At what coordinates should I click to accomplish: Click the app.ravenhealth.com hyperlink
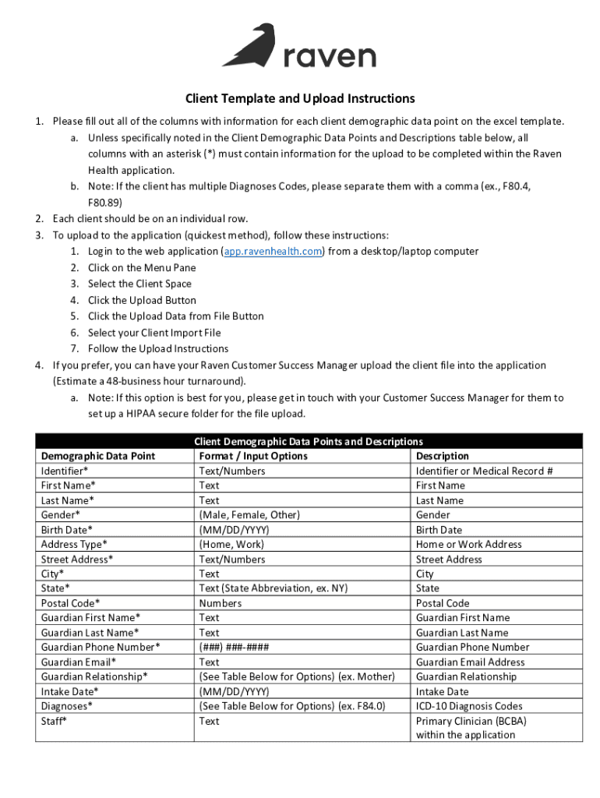click(x=273, y=251)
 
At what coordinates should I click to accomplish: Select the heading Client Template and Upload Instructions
click(x=299, y=99)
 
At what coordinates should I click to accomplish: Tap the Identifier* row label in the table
click(x=65, y=471)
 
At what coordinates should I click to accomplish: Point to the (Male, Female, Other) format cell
click(x=249, y=515)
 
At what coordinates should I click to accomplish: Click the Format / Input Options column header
click(x=253, y=456)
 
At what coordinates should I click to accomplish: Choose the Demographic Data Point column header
click(x=98, y=456)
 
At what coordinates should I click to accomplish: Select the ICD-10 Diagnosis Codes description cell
click(x=470, y=706)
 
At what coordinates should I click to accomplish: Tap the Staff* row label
click(x=54, y=721)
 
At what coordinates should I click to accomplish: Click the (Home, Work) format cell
click(x=231, y=545)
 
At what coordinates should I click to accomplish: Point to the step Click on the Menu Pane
click(x=142, y=267)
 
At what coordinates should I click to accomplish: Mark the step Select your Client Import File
click(x=154, y=333)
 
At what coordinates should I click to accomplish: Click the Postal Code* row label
click(x=70, y=603)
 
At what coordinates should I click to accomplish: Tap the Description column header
click(x=443, y=456)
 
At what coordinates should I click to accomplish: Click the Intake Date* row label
click(x=69, y=691)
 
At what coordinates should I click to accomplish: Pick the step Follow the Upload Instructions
click(x=158, y=348)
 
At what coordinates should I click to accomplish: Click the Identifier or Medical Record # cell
click(x=485, y=471)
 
